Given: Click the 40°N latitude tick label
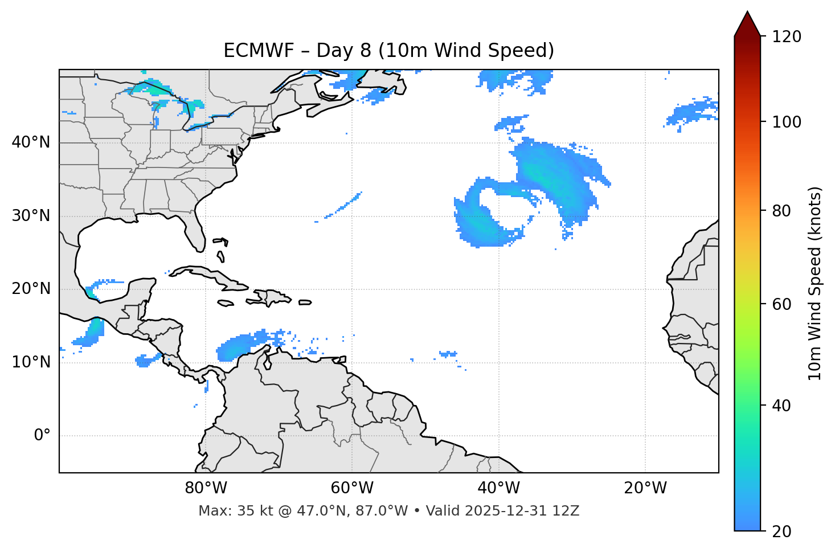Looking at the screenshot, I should [31, 142].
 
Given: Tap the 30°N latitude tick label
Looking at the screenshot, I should [31, 216].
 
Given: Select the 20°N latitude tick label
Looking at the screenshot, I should [31, 289].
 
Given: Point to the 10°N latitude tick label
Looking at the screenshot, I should [31, 362].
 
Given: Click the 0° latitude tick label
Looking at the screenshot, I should [42, 436].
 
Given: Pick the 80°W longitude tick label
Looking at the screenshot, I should [206, 488].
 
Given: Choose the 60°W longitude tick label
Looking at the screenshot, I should [352, 488].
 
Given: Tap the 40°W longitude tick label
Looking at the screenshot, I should [498, 488].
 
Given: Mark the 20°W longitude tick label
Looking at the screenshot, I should [645, 488].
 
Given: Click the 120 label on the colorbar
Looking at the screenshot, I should [787, 37].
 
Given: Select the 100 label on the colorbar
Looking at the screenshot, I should [787, 122].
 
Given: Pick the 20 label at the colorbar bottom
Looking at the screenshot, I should [783, 531].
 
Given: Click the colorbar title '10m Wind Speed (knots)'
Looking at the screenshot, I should [815, 283].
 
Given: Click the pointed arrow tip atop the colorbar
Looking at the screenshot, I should [747, 14].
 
